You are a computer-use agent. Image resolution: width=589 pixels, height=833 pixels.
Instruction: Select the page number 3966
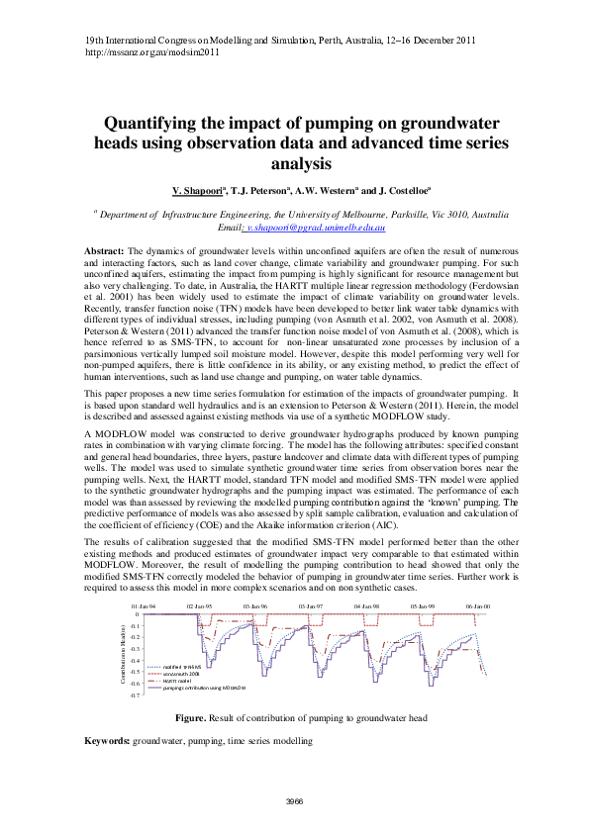[294, 800]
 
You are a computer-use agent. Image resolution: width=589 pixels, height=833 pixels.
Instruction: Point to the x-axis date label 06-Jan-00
[479, 605]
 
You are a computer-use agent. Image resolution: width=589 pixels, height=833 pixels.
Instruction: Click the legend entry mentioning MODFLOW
[194, 688]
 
